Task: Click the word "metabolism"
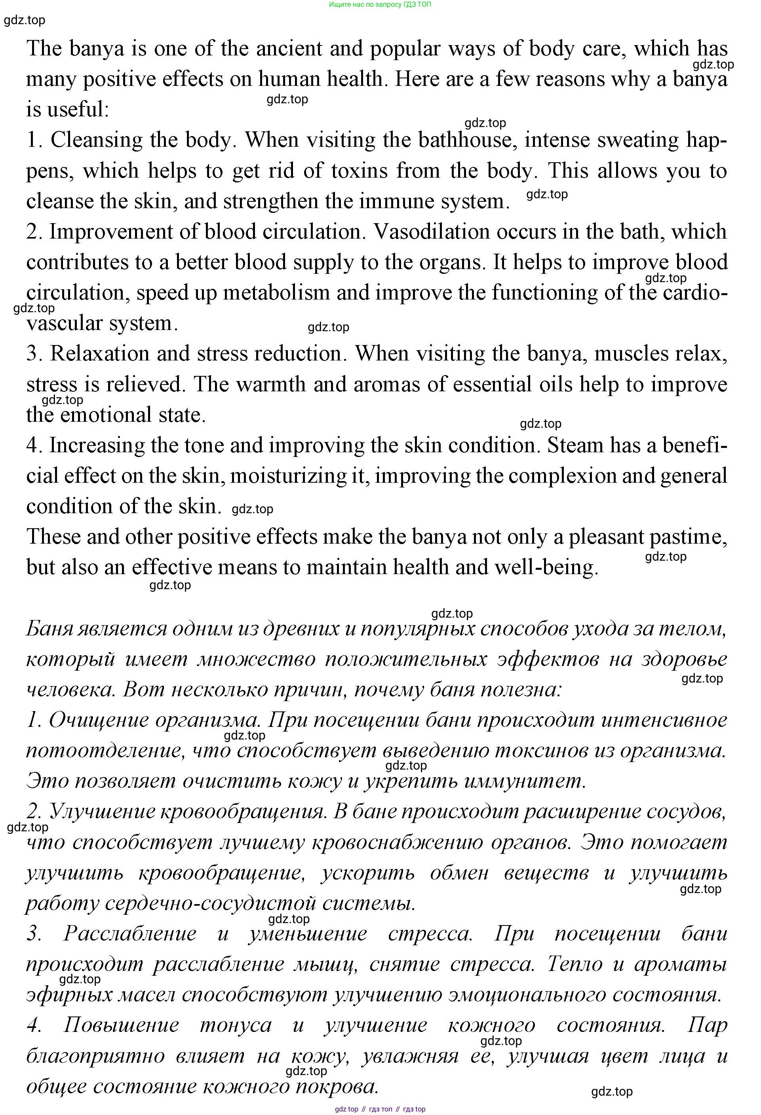(x=276, y=293)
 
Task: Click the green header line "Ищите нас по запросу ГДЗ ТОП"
(x=380, y=4)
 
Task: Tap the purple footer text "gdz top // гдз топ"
(x=365, y=1109)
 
